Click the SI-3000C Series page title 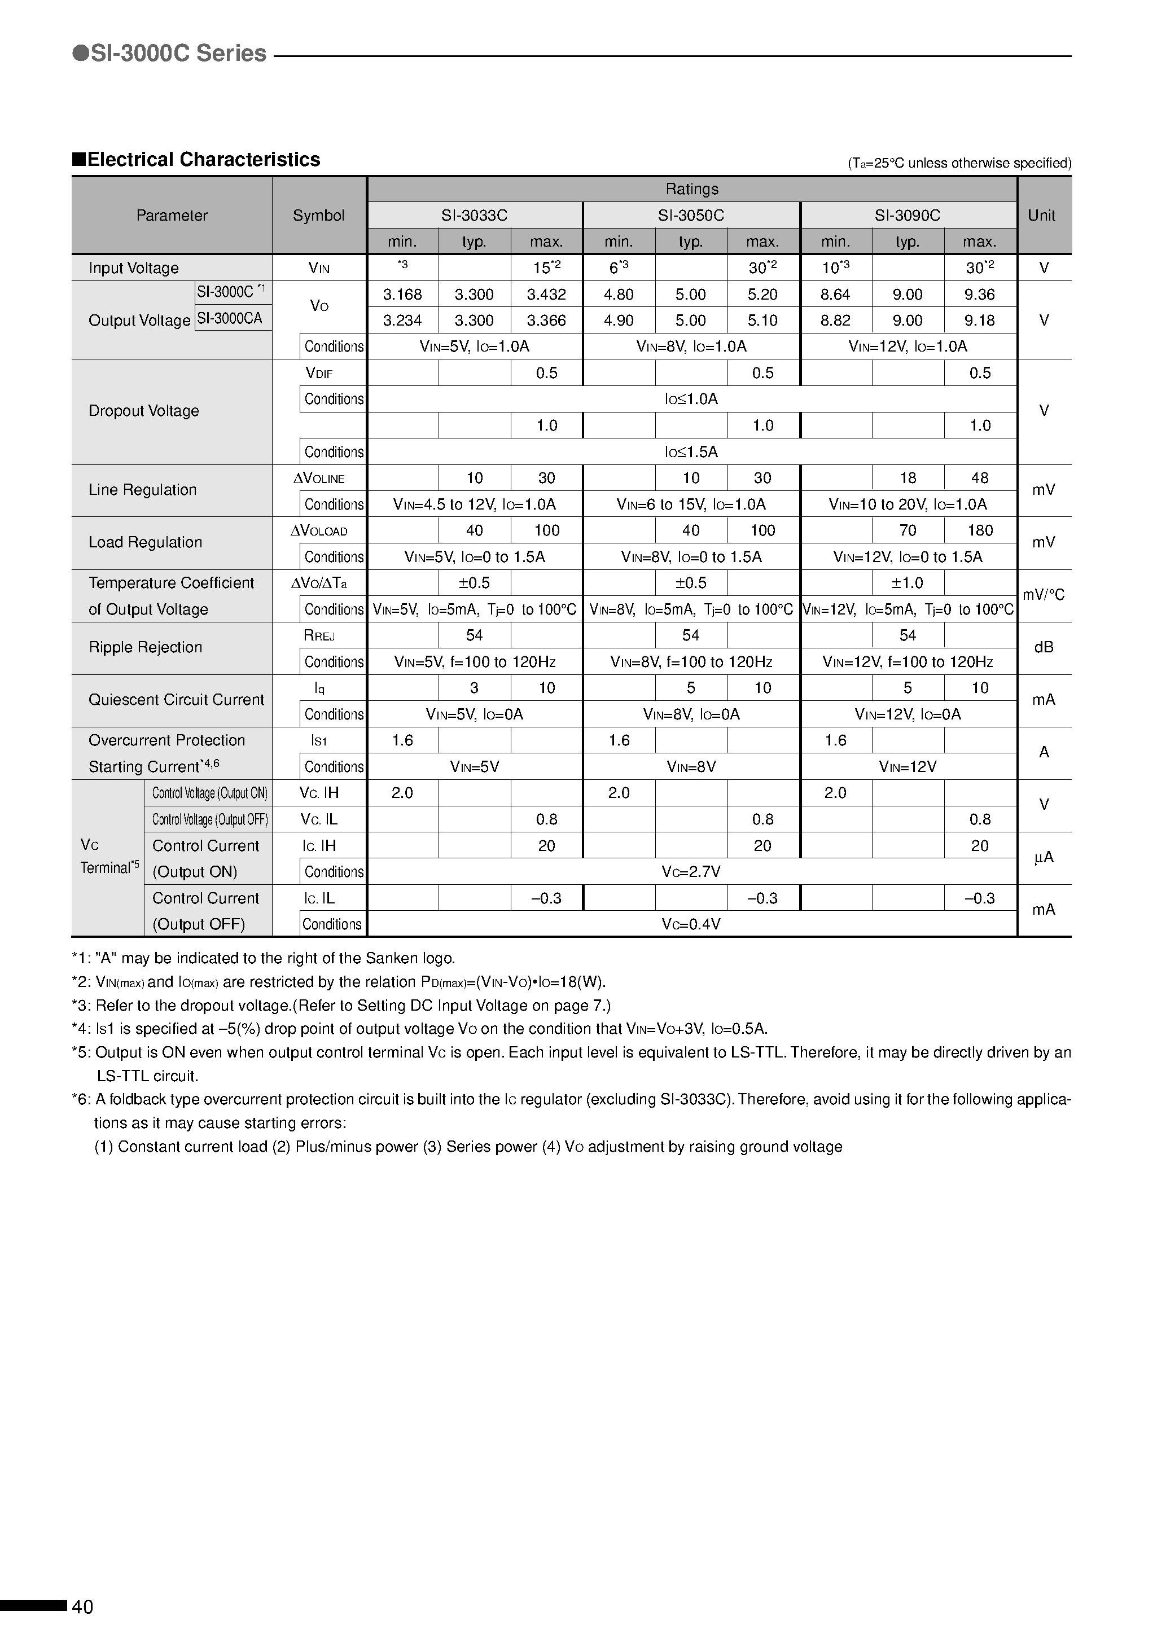tap(170, 53)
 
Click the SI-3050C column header tap(691, 216)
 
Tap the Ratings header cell tap(691, 189)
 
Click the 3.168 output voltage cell tap(402, 295)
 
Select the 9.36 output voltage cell tap(979, 295)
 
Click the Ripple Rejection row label tap(145, 647)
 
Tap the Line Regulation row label tap(142, 490)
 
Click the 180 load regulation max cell tap(980, 530)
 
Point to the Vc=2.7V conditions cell tap(691, 872)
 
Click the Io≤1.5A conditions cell tap(691, 452)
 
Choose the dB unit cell tap(1043, 647)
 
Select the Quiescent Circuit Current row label tap(176, 700)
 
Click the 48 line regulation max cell tap(979, 478)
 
